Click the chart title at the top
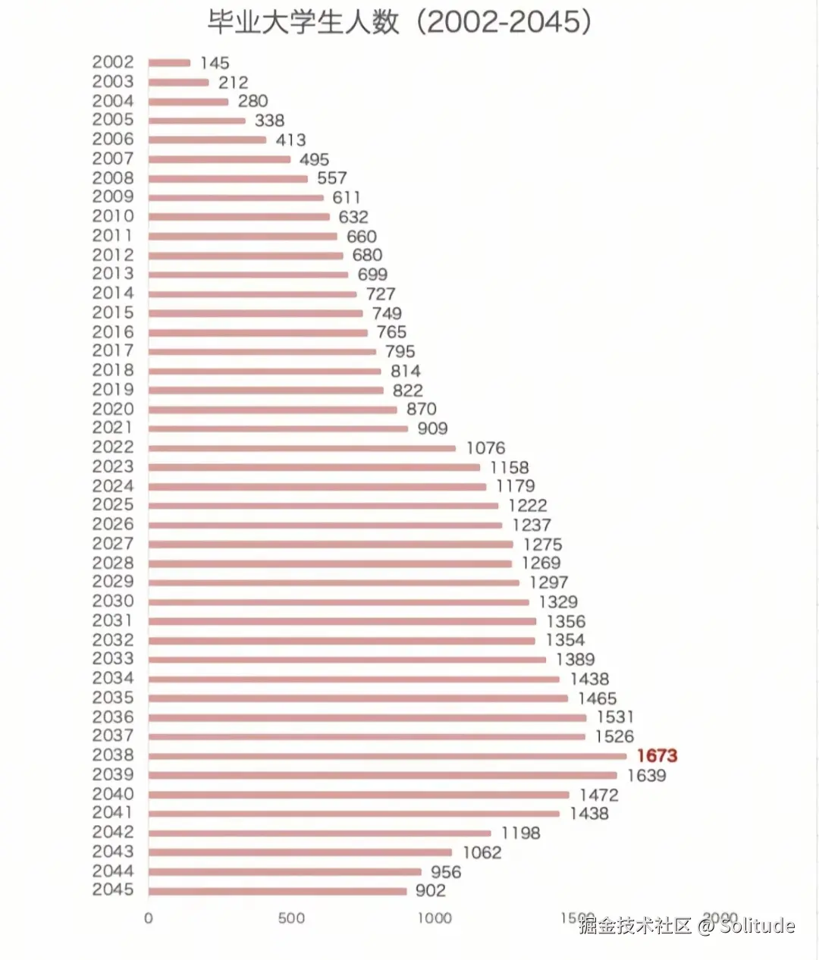point(400,22)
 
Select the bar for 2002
point(169,63)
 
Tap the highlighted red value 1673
point(657,755)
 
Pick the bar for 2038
point(388,756)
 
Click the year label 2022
point(113,447)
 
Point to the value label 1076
point(485,448)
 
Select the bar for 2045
point(278,891)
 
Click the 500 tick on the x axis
point(291,918)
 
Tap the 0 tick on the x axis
point(149,918)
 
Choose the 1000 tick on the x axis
point(435,918)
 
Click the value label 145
point(215,64)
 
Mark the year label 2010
point(113,216)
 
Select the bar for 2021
point(278,429)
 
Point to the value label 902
point(431,891)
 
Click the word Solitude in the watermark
point(758,926)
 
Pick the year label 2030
point(113,601)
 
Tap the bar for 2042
point(319,833)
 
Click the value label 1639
point(646,776)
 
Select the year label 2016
point(113,332)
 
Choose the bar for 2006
point(207,140)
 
